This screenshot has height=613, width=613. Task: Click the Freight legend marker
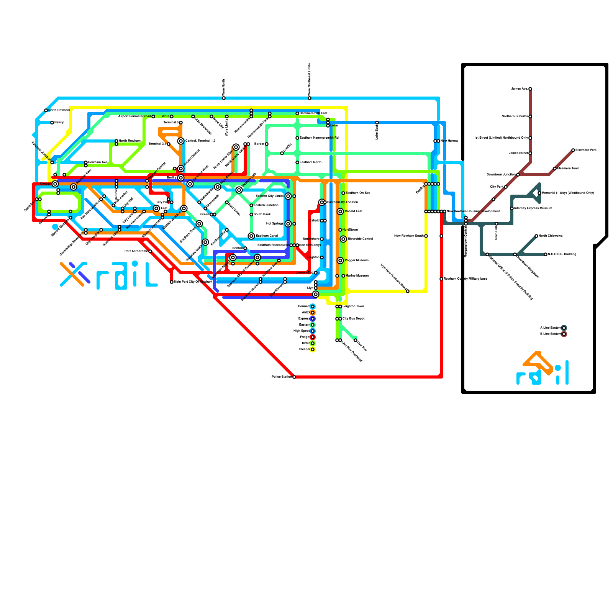(x=313, y=337)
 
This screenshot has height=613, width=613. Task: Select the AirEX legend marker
(x=313, y=313)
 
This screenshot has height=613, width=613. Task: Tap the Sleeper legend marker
(x=313, y=349)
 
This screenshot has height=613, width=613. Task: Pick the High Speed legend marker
(x=313, y=331)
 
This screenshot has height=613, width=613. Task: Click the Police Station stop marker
(x=294, y=377)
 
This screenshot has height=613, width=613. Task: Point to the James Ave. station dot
(x=530, y=89)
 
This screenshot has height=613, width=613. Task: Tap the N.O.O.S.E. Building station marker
(x=546, y=254)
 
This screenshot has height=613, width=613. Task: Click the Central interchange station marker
(x=55, y=184)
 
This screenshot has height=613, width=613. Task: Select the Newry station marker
(x=52, y=123)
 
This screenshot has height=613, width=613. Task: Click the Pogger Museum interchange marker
(x=340, y=261)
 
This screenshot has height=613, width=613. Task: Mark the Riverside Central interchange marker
(x=343, y=239)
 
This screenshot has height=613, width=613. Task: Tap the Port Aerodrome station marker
(x=150, y=251)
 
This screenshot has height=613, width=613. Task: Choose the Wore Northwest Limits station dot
(x=310, y=98)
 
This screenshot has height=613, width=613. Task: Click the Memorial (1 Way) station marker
(x=539, y=193)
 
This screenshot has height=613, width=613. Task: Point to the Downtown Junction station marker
(x=518, y=175)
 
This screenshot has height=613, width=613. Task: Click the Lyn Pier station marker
(x=356, y=340)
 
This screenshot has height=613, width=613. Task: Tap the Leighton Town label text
(x=353, y=306)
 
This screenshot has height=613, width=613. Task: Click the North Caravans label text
(x=551, y=236)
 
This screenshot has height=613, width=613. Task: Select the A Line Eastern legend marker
(x=564, y=328)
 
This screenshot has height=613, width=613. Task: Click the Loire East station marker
(x=377, y=123)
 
